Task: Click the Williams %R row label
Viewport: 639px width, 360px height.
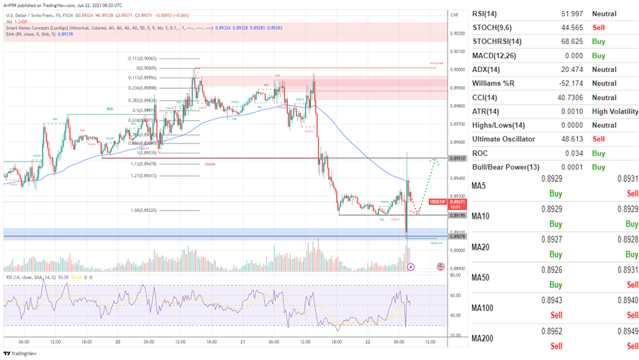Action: click(495, 84)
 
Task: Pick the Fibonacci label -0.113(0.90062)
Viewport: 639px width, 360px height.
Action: click(142, 58)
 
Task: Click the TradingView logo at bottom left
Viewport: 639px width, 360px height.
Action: click(21, 353)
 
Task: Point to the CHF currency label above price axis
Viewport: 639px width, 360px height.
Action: click(454, 14)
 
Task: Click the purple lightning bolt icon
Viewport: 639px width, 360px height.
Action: click(410, 267)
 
